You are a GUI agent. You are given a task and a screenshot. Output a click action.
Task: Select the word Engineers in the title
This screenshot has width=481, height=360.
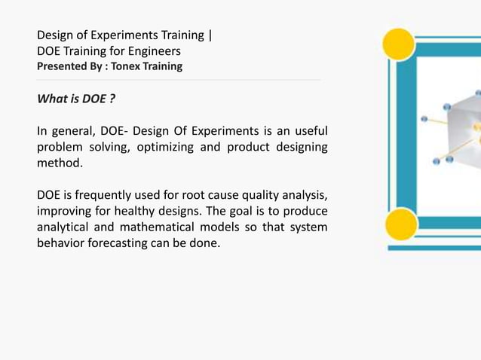click(154, 51)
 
